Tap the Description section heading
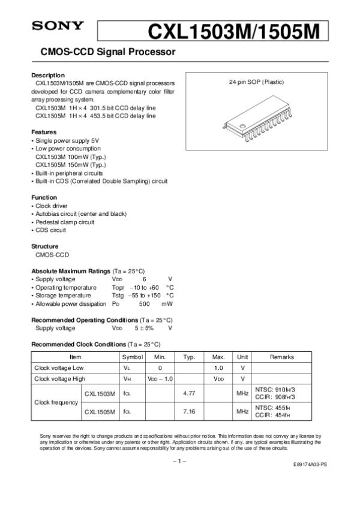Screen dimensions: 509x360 pos(47,74)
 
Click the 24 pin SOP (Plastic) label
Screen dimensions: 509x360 pos(257,82)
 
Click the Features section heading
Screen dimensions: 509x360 pos(44,131)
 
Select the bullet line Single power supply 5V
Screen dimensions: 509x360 pos(64,140)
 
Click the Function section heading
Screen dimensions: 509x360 pos(44,197)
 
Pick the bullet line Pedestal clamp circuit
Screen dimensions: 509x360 pos(66,222)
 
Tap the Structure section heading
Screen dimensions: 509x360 pos(45,246)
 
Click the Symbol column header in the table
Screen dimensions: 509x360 pos(129,357)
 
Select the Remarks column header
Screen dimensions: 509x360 pos(282,357)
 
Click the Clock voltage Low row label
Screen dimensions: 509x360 pos(59,368)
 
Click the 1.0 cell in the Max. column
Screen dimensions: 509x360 pos(218,368)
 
